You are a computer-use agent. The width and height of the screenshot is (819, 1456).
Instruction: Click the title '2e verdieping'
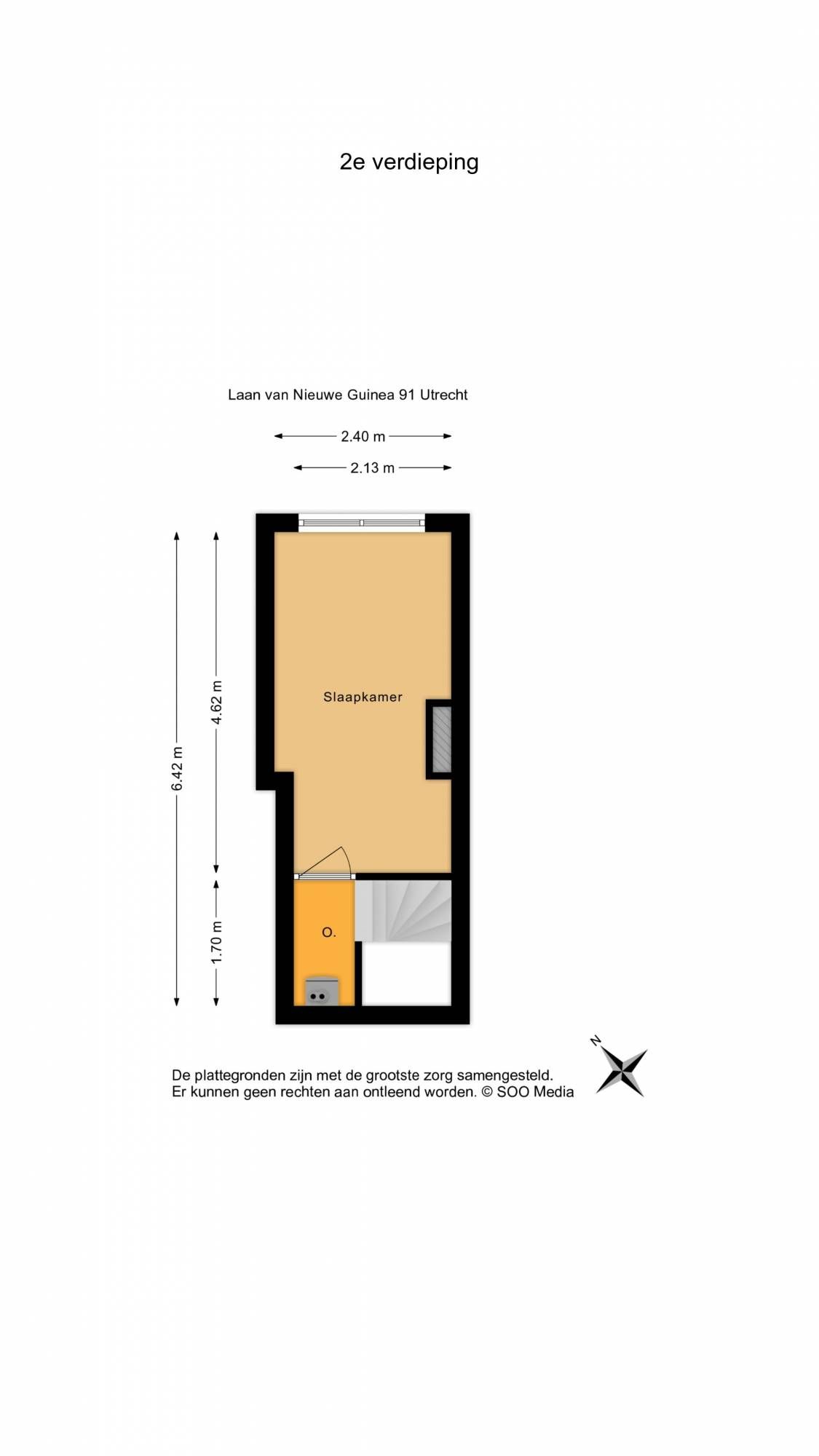coord(408,162)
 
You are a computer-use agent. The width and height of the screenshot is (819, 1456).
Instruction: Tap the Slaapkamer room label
coord(363,697)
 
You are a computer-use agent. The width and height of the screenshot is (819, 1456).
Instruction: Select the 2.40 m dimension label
coord(363,437)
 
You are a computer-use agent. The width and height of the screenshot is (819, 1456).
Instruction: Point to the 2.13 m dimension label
coord(372,468)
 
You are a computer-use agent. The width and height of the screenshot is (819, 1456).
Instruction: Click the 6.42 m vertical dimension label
coord(178,768)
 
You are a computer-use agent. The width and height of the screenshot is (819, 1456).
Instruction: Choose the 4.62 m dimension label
coord(216,703)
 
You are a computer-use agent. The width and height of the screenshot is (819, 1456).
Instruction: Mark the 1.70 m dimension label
coord(216,942)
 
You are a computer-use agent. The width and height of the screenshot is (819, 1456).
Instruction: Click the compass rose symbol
coord(622,1072)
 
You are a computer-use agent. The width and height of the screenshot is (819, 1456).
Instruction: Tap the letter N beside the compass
coord(596,1041)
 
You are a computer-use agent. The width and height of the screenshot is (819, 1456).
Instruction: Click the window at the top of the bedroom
coord(362,523)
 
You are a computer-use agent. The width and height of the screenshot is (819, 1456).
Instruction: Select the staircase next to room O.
coord(403,911)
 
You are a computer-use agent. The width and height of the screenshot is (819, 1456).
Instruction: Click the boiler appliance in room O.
coord(322,992)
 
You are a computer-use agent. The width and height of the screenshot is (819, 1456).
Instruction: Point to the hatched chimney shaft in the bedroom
coord(442,739)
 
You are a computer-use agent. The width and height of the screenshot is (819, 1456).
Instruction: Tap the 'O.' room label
coord(329,933)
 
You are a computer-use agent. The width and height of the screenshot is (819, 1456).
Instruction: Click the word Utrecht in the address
coord(444,395)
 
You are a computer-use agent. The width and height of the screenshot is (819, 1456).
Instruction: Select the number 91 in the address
coord(407,395)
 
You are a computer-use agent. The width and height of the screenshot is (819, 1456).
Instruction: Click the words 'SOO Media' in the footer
coord(535,1092)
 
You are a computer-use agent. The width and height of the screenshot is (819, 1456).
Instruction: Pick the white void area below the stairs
coord(407,974)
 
